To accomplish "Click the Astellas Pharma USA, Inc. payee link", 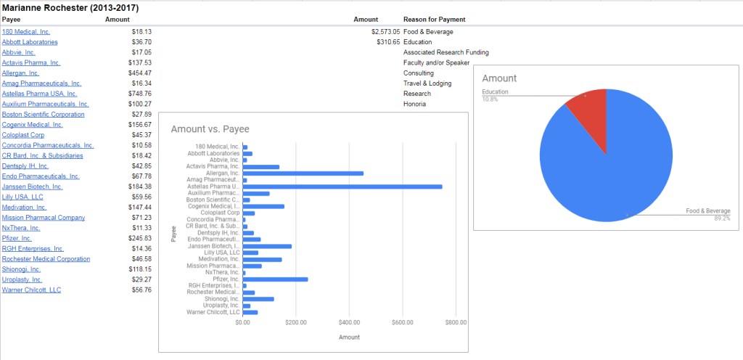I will (39, 94).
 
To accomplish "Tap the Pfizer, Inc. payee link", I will (17, 238).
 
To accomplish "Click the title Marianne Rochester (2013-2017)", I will (70, 7).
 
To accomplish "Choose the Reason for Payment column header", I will (435, 19).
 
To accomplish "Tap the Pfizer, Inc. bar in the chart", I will (276, 279).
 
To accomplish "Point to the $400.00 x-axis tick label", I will (349, 322).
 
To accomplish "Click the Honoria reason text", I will (415, 104).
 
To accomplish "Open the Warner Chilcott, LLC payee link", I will (31, 290).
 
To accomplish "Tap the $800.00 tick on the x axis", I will (456, 322).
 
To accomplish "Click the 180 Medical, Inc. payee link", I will (26, 32).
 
